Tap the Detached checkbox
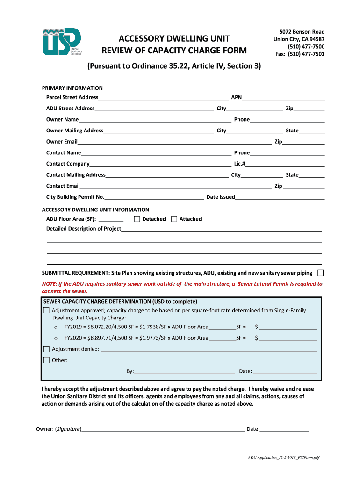[137, 219]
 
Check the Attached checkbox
[174, 219]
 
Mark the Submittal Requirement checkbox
[321, 273]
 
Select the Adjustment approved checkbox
[46, 311]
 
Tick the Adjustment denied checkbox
[46, 349]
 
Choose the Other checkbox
[46, 360]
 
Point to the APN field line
[283, 98]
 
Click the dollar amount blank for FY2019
[288, 327]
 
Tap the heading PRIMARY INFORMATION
[72, 88]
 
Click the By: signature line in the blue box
[184, 372]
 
